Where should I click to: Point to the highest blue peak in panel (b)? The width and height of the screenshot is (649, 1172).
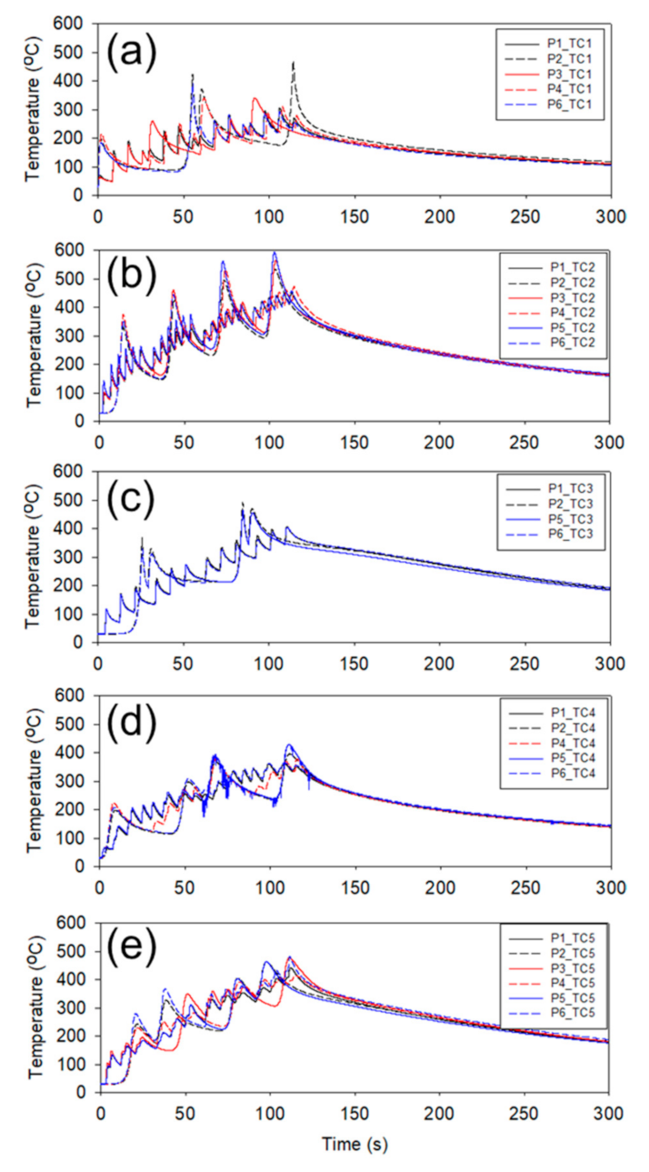click(x=275, y=253)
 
